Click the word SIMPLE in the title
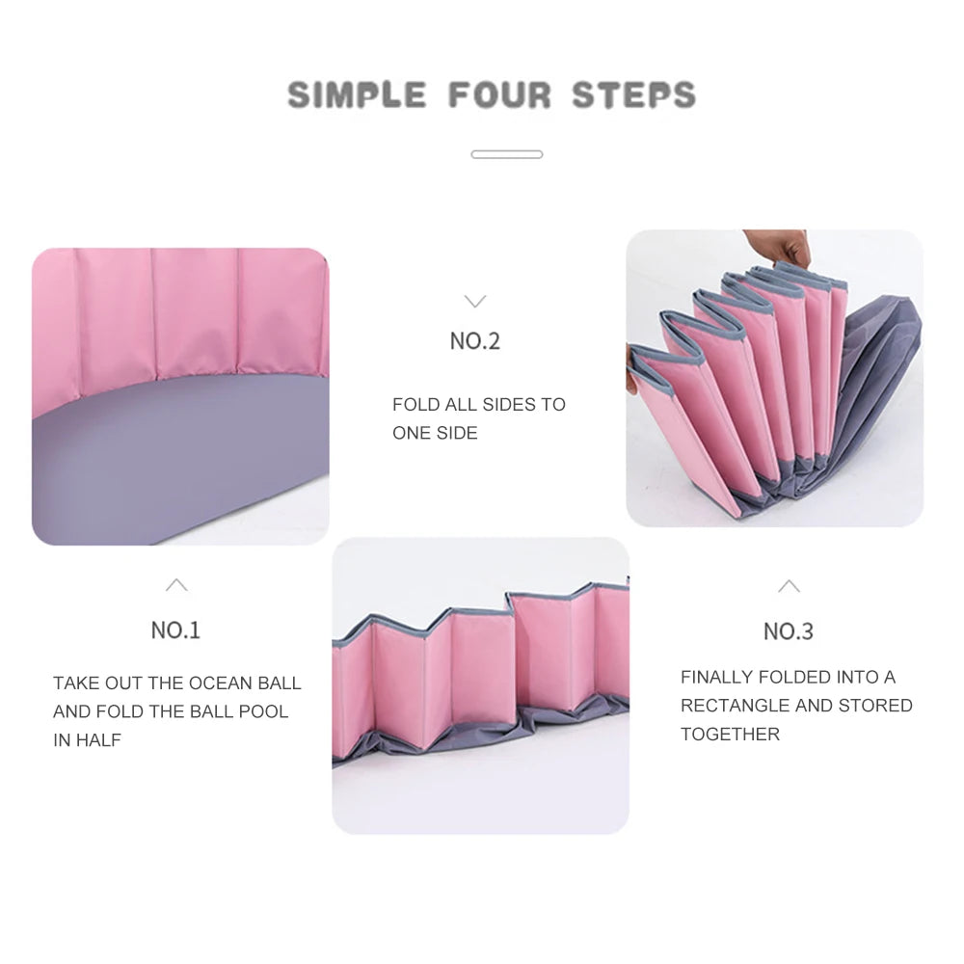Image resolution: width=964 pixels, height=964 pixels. pos(357,94)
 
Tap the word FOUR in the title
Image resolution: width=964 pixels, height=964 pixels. pos(499,94)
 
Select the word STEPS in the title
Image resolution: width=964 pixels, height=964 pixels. pos(634,94)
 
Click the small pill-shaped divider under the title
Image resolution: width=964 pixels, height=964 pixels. pos(507,154)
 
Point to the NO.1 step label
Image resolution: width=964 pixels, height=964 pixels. pos(175,630)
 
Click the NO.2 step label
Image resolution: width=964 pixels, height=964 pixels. pos(475,340)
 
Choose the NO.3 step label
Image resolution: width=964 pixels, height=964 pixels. pos(789,631)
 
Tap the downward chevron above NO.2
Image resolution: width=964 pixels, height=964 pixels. pos(475,301)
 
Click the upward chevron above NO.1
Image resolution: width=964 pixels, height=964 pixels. pos(176,585)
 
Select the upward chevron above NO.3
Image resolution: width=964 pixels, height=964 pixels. pos(789,586)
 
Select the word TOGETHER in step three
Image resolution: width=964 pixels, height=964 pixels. pos(731,734)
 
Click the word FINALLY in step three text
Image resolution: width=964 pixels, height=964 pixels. pos(717,677)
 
